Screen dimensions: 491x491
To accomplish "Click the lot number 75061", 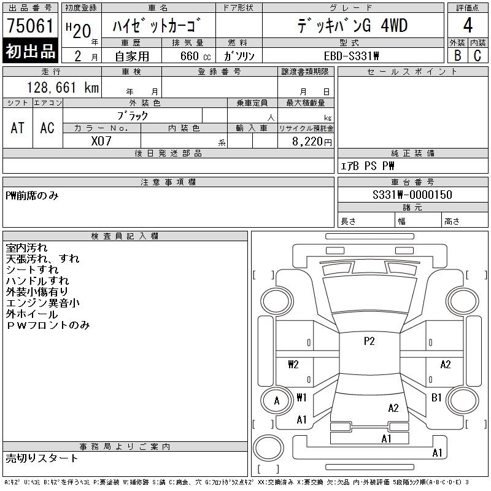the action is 30,25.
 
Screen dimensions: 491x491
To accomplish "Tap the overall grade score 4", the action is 468,25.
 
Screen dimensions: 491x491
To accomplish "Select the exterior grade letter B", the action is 457,55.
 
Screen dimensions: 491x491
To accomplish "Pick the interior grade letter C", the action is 477,55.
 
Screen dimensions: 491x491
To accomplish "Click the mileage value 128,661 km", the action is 63,87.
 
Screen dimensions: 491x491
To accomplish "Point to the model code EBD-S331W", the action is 351,56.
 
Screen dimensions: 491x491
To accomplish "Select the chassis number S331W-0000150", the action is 412,195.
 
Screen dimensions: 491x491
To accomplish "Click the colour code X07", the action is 101,141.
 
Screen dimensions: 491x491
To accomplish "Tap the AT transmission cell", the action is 18,128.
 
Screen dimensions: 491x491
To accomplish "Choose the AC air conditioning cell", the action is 47,128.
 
